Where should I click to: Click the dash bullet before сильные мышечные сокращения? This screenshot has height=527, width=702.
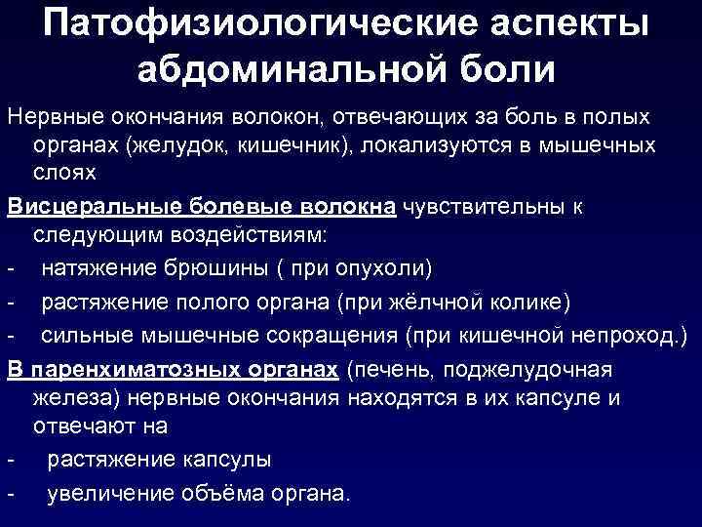tap(9, 335)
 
